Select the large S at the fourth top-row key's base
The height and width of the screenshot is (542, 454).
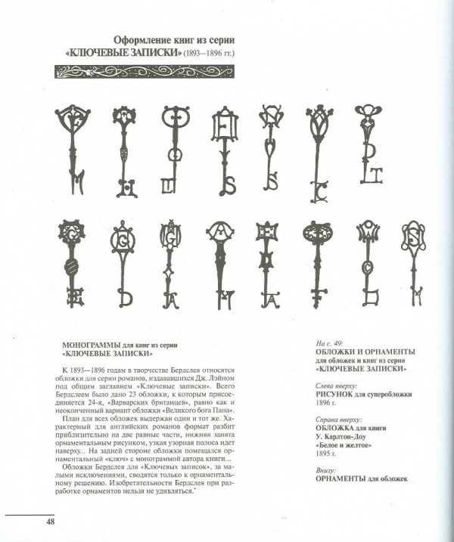228,184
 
